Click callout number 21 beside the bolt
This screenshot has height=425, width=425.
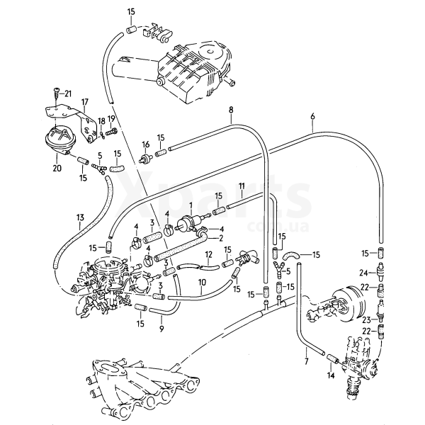68,93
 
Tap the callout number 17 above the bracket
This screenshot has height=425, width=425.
85,101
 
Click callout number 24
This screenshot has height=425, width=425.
363,271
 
